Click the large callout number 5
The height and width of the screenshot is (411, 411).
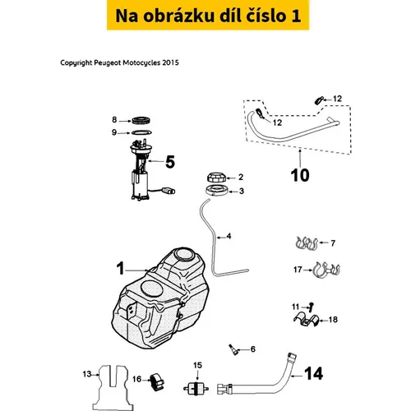(x=170, y=162)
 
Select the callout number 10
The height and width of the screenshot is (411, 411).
(x=300, y=175)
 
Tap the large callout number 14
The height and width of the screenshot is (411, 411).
(x=314, y=373)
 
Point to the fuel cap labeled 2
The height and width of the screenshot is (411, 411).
(x=216, y=177)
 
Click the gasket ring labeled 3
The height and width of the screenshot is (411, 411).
(x=217, y=191)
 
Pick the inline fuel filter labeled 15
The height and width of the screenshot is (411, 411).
(x=196, y=388)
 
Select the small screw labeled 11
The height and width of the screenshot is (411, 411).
(x=311, y=307)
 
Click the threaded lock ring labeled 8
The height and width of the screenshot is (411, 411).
(x=141, y=120)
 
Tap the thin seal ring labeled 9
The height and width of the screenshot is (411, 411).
(x=141, y=132)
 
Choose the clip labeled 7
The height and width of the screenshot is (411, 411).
(x=307, y=243)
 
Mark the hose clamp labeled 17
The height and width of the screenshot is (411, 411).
(x=326, y=270)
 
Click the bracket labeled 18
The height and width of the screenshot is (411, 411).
(x=307, y=321)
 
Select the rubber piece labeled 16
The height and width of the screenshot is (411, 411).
(x=157, y=381)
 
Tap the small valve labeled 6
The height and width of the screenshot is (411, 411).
(x=233, y=349)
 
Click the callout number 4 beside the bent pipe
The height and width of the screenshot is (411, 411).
(x=229, y=236)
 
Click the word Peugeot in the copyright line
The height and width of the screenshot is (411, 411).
(x=108, y=62)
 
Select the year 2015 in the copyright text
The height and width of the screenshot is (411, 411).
(x=170, y=62)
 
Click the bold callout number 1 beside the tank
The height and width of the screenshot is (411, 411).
(x=121, y=268)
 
